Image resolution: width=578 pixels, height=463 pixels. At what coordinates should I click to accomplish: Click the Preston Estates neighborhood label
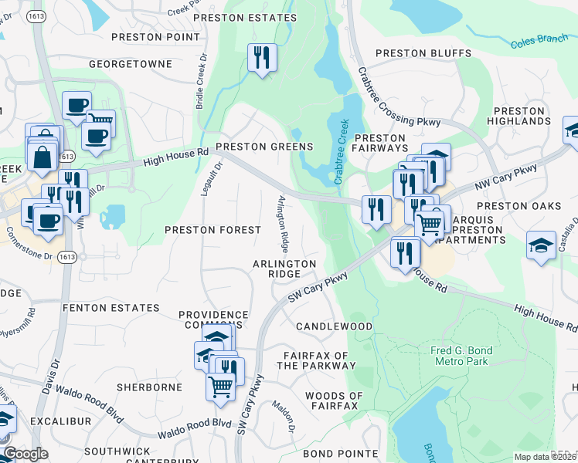[x=244, y=17]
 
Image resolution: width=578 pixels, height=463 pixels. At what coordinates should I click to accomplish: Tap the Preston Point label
[x=155, y=36]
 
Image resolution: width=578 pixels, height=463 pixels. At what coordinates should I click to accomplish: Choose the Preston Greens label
[x=264, y=147]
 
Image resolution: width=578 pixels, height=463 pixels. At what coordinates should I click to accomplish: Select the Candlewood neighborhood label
[x=333, y=326]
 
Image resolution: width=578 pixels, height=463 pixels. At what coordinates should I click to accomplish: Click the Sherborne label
[x=149, y=387]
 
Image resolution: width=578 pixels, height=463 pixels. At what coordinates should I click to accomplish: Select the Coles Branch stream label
[x=539, y=41]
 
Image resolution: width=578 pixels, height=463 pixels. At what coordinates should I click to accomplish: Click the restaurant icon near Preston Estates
[x=261, y=58]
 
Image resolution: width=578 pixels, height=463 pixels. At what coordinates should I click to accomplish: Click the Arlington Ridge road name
[x=283, y=223]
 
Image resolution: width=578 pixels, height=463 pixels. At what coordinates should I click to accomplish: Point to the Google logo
[x=25, y=453]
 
